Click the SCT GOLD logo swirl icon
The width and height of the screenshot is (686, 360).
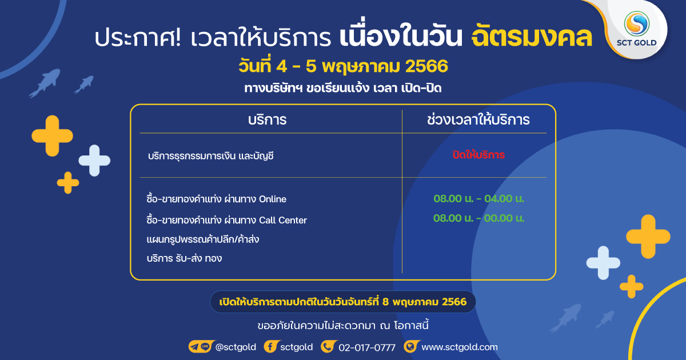point(637,24)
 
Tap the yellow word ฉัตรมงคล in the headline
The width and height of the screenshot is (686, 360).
point(532,38)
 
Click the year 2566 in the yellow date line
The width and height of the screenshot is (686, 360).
point(426,66)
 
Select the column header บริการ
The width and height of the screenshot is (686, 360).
point(268,120)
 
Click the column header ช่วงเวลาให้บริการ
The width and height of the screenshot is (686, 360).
point(478,119)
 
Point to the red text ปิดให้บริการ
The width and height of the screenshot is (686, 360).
point(478,155)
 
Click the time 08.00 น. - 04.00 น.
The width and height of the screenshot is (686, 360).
point(478,199)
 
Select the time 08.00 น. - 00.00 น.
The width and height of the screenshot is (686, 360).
point(478,218)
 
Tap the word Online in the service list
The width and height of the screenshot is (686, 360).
point(273,199)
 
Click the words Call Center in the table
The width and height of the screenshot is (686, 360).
point(283,220)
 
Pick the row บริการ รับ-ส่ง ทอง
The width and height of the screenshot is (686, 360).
point(184,258)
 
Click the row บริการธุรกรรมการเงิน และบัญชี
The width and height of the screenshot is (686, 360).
point(211,156)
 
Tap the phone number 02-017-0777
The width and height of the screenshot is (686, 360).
point(367,347)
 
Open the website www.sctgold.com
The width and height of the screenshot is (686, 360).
point(460,347)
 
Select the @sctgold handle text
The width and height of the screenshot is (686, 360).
point(236,347)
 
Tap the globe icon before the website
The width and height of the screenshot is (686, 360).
point(410,347)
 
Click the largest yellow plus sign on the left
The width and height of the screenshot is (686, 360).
point(53,136)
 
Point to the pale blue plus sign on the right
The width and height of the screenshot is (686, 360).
point(603,263)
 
